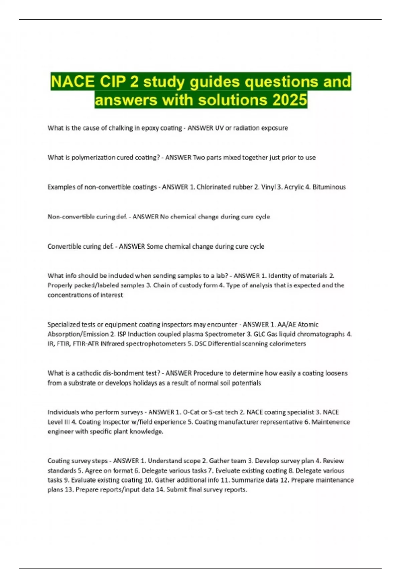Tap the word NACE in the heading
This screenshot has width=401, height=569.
click(71, 82)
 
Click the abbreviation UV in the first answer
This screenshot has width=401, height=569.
click(219, 128)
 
